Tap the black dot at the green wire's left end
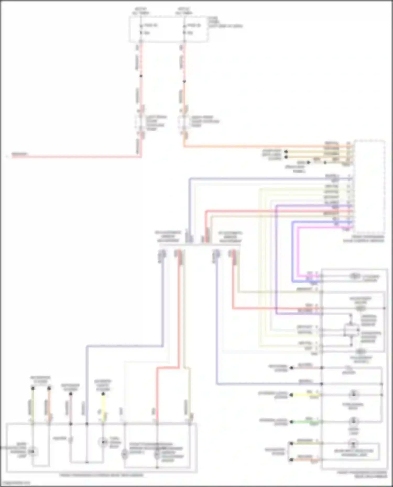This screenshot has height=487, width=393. tap(292, 421)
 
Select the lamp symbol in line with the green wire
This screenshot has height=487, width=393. tap(353, 421)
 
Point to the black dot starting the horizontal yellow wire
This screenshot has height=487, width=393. tap(292, 395)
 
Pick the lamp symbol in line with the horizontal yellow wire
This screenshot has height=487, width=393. tap(353, 394)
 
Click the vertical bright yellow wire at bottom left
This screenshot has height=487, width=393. tap(103, 406)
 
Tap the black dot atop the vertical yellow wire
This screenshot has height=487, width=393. tap(103, 394)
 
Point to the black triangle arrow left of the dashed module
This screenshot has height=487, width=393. tap(308, 163)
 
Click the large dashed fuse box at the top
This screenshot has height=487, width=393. tap(169, 29)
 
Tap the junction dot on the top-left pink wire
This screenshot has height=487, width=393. tap(141, 76)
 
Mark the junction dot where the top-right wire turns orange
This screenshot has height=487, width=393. tap(184, 81)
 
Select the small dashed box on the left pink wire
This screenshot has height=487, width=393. tap(141, 122)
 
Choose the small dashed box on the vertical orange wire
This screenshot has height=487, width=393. tap(184, 122)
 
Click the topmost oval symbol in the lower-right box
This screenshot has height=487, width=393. tap(354, 276)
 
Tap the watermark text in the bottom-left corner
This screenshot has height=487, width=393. tap(15, 483)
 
